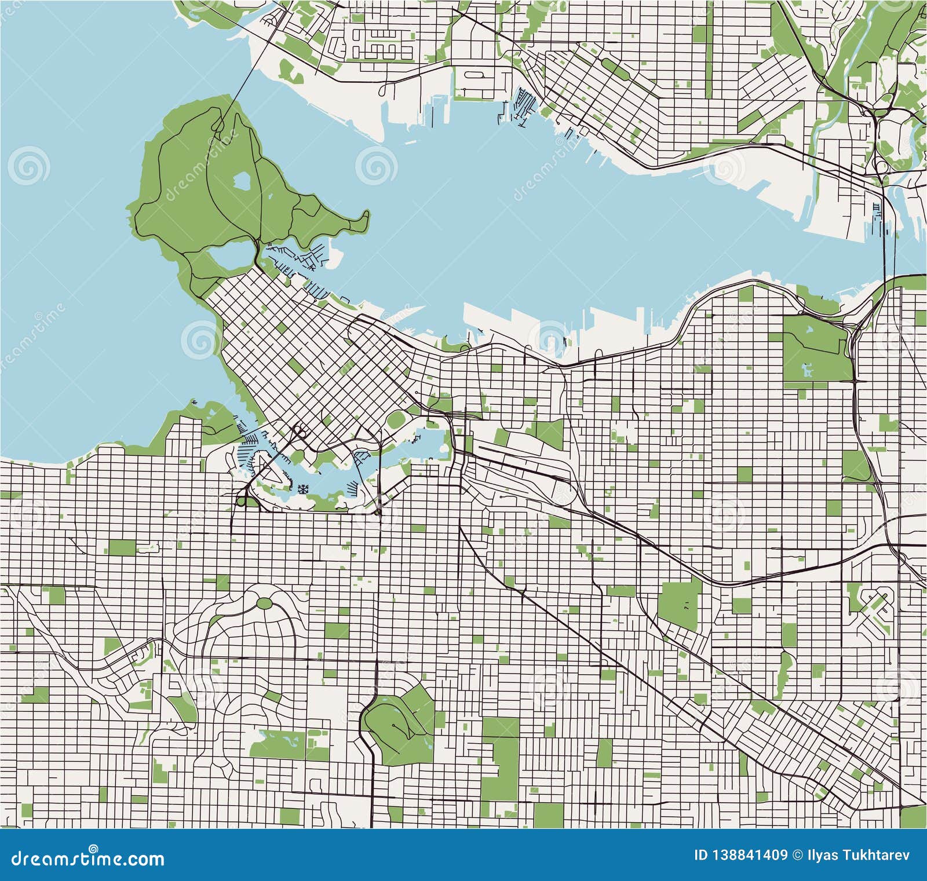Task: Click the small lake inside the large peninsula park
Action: click(242, 182)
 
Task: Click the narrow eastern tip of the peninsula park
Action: click(366, 218)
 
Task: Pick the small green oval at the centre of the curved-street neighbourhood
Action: click(264, 603)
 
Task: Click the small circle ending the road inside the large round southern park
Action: click(393, 725)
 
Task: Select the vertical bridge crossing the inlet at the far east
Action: click(885, 232)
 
